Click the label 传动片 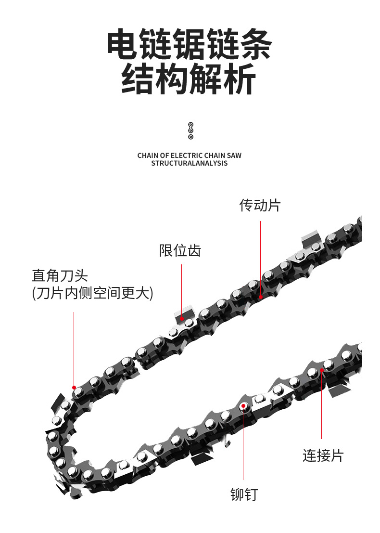coord(260,206)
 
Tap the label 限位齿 coord(180,250)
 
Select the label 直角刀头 coord(60,275)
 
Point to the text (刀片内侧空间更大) coord(92,293)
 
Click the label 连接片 coord(323,455)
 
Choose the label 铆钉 coord(244,494)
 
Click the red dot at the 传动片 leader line coord(261,297)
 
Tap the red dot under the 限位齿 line coord(182,318)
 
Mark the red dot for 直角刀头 coord(74,387)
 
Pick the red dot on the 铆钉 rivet coord(244,406)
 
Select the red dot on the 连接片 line coord(322,370)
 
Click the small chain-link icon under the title coord(190,130)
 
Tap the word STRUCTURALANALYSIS coord(190,163)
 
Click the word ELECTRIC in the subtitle coord(185,156)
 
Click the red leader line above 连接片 coord(322,409)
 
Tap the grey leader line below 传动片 coord(261,255)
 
